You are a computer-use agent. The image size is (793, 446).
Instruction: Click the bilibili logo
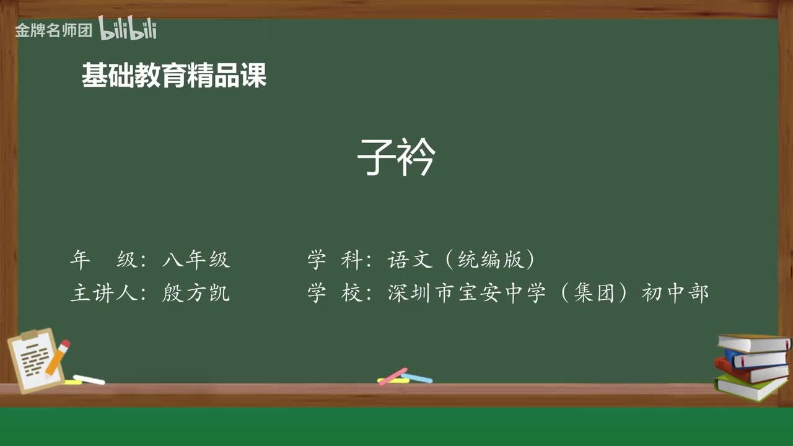click(128, 28)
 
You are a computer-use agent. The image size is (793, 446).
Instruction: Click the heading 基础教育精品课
click(174, 76)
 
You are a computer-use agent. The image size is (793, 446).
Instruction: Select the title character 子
click(376, 157)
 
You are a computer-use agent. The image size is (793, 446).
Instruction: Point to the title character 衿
click(417, 157)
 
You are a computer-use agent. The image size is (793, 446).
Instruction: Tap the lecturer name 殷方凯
click(196, 292)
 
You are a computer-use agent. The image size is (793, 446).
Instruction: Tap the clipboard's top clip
click(30, 335)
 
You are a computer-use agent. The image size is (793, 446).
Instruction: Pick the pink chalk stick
click(393, 375)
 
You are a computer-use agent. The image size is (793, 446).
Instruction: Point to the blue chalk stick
click(418, 378)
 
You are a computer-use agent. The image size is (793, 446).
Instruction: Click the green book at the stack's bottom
click(750, 387)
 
